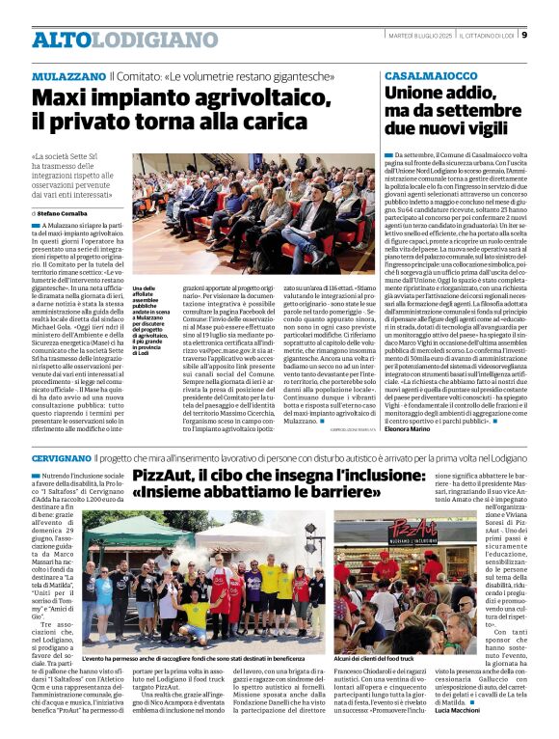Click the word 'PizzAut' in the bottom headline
point(169,478)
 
